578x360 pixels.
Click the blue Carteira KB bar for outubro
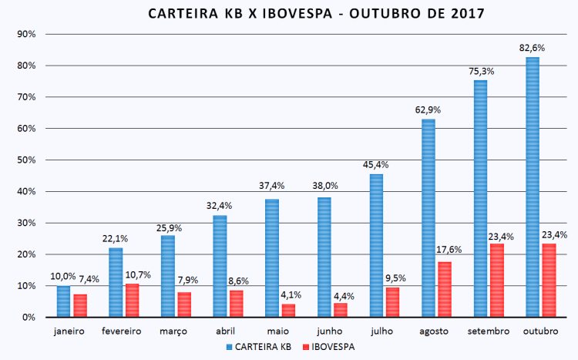click(532, 187)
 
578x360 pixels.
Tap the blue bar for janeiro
click(63, 301)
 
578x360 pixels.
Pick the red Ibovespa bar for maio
click(288, 311)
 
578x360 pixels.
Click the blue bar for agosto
click(428, 218)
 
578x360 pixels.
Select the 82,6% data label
click(531, 48)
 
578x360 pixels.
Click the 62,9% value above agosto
click(427, 110)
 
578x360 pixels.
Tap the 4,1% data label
click(291, 294)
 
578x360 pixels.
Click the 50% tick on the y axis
click(26, 160)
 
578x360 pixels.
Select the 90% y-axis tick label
click(26, 35)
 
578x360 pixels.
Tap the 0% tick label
click(29, 318)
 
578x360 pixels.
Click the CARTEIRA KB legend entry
click(260, 347)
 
